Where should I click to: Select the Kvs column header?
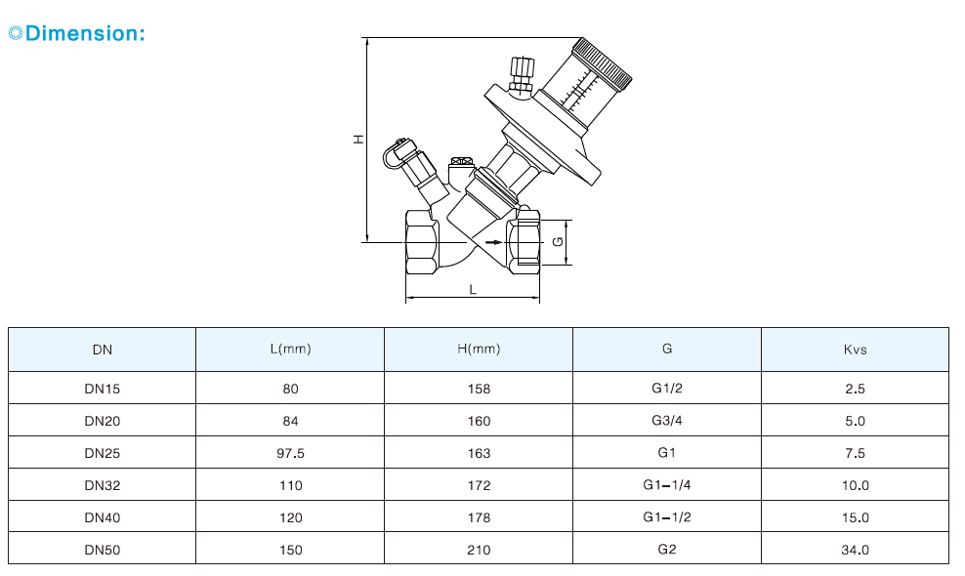[x=855, y=350]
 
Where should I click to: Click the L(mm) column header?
[x=290, y=350]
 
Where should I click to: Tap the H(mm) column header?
[x=479, y=350]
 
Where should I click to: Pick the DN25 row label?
[x=102, y=453]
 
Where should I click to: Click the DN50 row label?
[x=102, y=550]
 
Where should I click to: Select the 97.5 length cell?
[x=290, y=453]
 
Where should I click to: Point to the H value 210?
[x=479, y=550]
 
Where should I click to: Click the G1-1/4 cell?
[x=666, y=485]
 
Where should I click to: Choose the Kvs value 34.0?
[x=855, y=550]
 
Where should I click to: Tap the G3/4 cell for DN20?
[x=666, y=421]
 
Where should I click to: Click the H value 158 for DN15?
[x=479, y=389]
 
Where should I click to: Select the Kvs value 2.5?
[x=855, y=389]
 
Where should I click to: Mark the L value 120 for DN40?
[x=290, y=517]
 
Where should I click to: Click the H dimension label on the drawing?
[x=358, y=140]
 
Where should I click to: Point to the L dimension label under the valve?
[x=473, y=289]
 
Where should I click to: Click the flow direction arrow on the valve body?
[x=493, y=241]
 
